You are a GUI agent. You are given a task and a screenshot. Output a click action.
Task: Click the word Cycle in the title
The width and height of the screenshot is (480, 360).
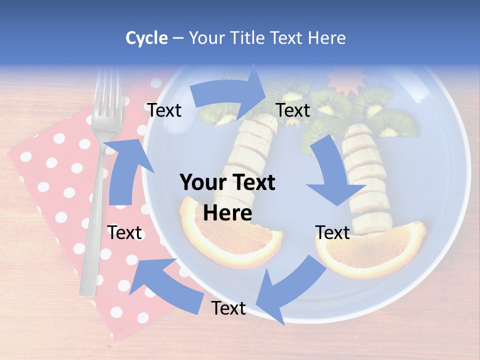point(146,38)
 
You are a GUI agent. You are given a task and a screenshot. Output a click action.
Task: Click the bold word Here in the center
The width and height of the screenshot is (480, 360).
point(227,213)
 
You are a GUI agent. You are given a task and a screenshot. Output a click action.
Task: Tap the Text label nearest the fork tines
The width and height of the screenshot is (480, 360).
point(164,110)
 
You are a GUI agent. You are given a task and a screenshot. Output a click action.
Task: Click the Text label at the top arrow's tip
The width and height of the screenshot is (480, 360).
point(292,110)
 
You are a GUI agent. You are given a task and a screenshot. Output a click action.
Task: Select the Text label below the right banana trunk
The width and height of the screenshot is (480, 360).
point(332,232)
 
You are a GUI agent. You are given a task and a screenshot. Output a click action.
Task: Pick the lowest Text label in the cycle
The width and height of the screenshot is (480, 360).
point(228,308)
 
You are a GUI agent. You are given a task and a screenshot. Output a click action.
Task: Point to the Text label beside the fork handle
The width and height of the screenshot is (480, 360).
point(125,232)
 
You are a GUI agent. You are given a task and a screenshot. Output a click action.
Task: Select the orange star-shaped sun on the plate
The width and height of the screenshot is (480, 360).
point(346,80)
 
